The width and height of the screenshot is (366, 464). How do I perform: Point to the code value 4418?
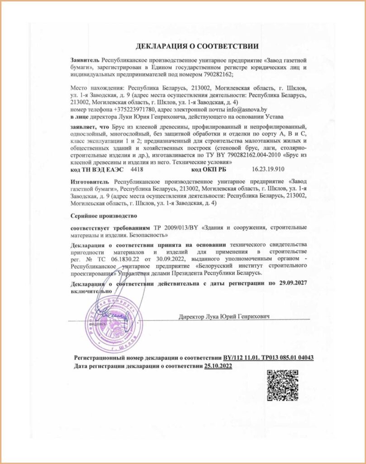[x=136, y=169]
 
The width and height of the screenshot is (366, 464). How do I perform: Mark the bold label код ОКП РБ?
[x=209, y=169]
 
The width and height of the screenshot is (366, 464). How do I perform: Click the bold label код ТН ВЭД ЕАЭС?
[x=96, y=169]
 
